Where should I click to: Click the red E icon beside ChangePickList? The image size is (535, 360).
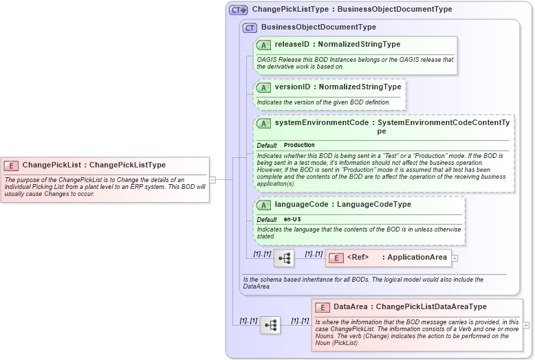pos(11,165)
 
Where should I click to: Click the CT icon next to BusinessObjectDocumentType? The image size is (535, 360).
pos(250,27)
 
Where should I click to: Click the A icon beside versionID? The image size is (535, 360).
pos(263,87)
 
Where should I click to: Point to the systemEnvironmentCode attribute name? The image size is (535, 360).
pos(320,122)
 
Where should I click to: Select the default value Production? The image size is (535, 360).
pos(299,145)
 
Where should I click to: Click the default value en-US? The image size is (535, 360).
pos(292,219)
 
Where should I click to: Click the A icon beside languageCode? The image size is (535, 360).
pos(263,205)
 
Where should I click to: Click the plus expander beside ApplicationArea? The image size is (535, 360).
pos(455,258)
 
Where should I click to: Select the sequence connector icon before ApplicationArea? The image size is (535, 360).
pos(284,258)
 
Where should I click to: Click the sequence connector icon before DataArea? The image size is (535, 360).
pos(270,325)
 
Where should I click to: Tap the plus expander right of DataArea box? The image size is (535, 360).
pos(527,325)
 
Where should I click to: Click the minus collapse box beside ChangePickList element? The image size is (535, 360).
pos(212,180)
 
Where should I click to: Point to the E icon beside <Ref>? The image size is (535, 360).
pos(336,258)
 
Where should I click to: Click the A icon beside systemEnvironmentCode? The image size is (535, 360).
pos(263,123)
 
